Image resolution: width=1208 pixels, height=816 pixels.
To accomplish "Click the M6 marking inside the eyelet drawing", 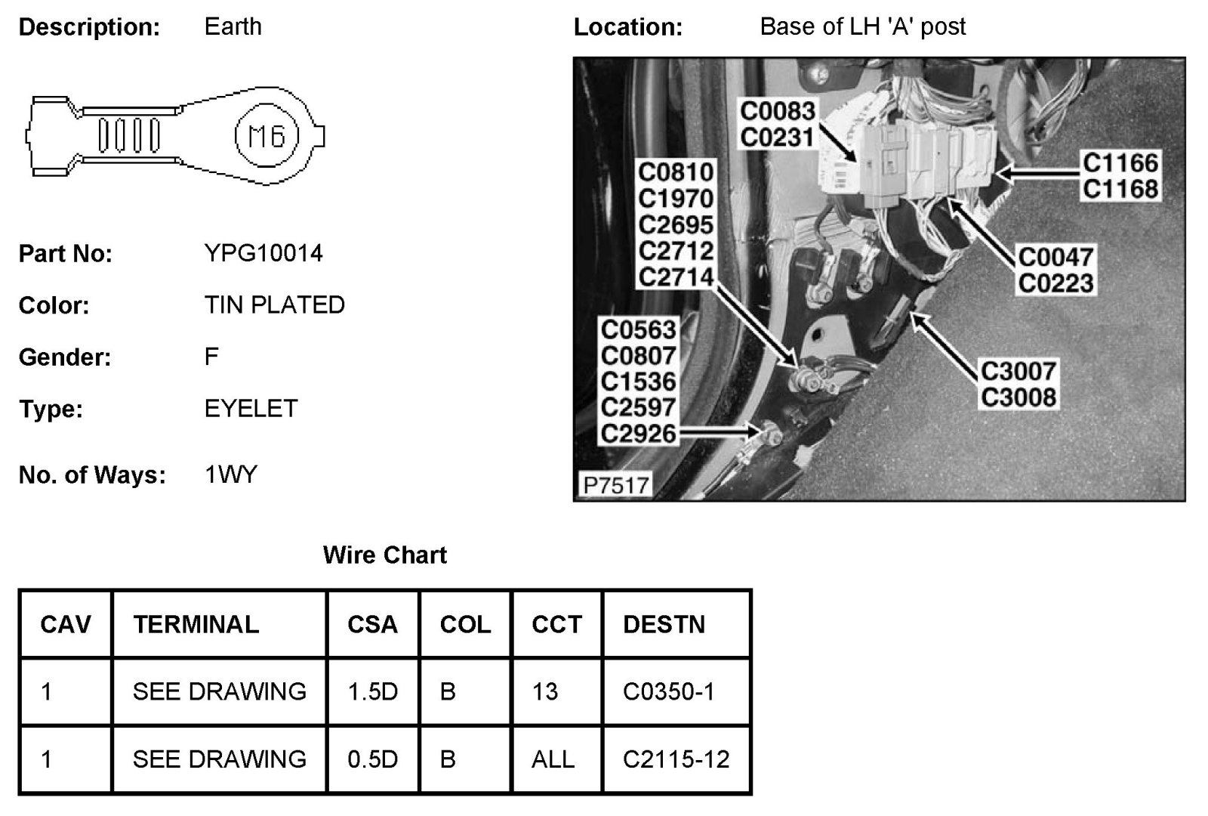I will pos(267,137).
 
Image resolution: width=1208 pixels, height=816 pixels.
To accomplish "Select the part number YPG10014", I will pos(263,253).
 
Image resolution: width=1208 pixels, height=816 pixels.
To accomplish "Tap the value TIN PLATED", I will pos(274,305).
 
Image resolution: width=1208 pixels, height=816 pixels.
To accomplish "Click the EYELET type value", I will pos(251,409).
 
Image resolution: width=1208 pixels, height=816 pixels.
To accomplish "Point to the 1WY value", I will pos(230,474).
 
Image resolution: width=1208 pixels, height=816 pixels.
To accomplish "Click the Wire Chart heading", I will pos(384,555).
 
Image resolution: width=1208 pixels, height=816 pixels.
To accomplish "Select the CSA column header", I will pos(372,624).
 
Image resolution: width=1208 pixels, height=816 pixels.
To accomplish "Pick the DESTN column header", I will pos(664,624).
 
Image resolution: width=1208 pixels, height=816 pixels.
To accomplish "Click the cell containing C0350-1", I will pos(668,691).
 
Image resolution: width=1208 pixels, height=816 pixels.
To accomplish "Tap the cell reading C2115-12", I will pos(676,759).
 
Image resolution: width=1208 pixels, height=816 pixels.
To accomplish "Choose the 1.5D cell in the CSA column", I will pos(372,691).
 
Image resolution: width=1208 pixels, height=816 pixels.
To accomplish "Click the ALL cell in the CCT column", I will pos(553,759).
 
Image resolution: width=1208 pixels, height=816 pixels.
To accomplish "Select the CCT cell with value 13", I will pos(544,691).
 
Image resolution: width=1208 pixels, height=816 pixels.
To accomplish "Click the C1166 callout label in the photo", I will pos(1120,163).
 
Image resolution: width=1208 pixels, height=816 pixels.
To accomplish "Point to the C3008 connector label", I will pos(1018,397).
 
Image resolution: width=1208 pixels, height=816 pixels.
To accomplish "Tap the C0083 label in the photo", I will pos(777,112).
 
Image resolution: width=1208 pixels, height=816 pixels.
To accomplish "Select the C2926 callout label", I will pos(638,434).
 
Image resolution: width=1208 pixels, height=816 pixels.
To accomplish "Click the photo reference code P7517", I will pos(615,484).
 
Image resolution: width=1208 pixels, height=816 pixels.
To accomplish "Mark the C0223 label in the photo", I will pos(1055,283).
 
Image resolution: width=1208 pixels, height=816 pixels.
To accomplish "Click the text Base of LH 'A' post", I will pos(862,27).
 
